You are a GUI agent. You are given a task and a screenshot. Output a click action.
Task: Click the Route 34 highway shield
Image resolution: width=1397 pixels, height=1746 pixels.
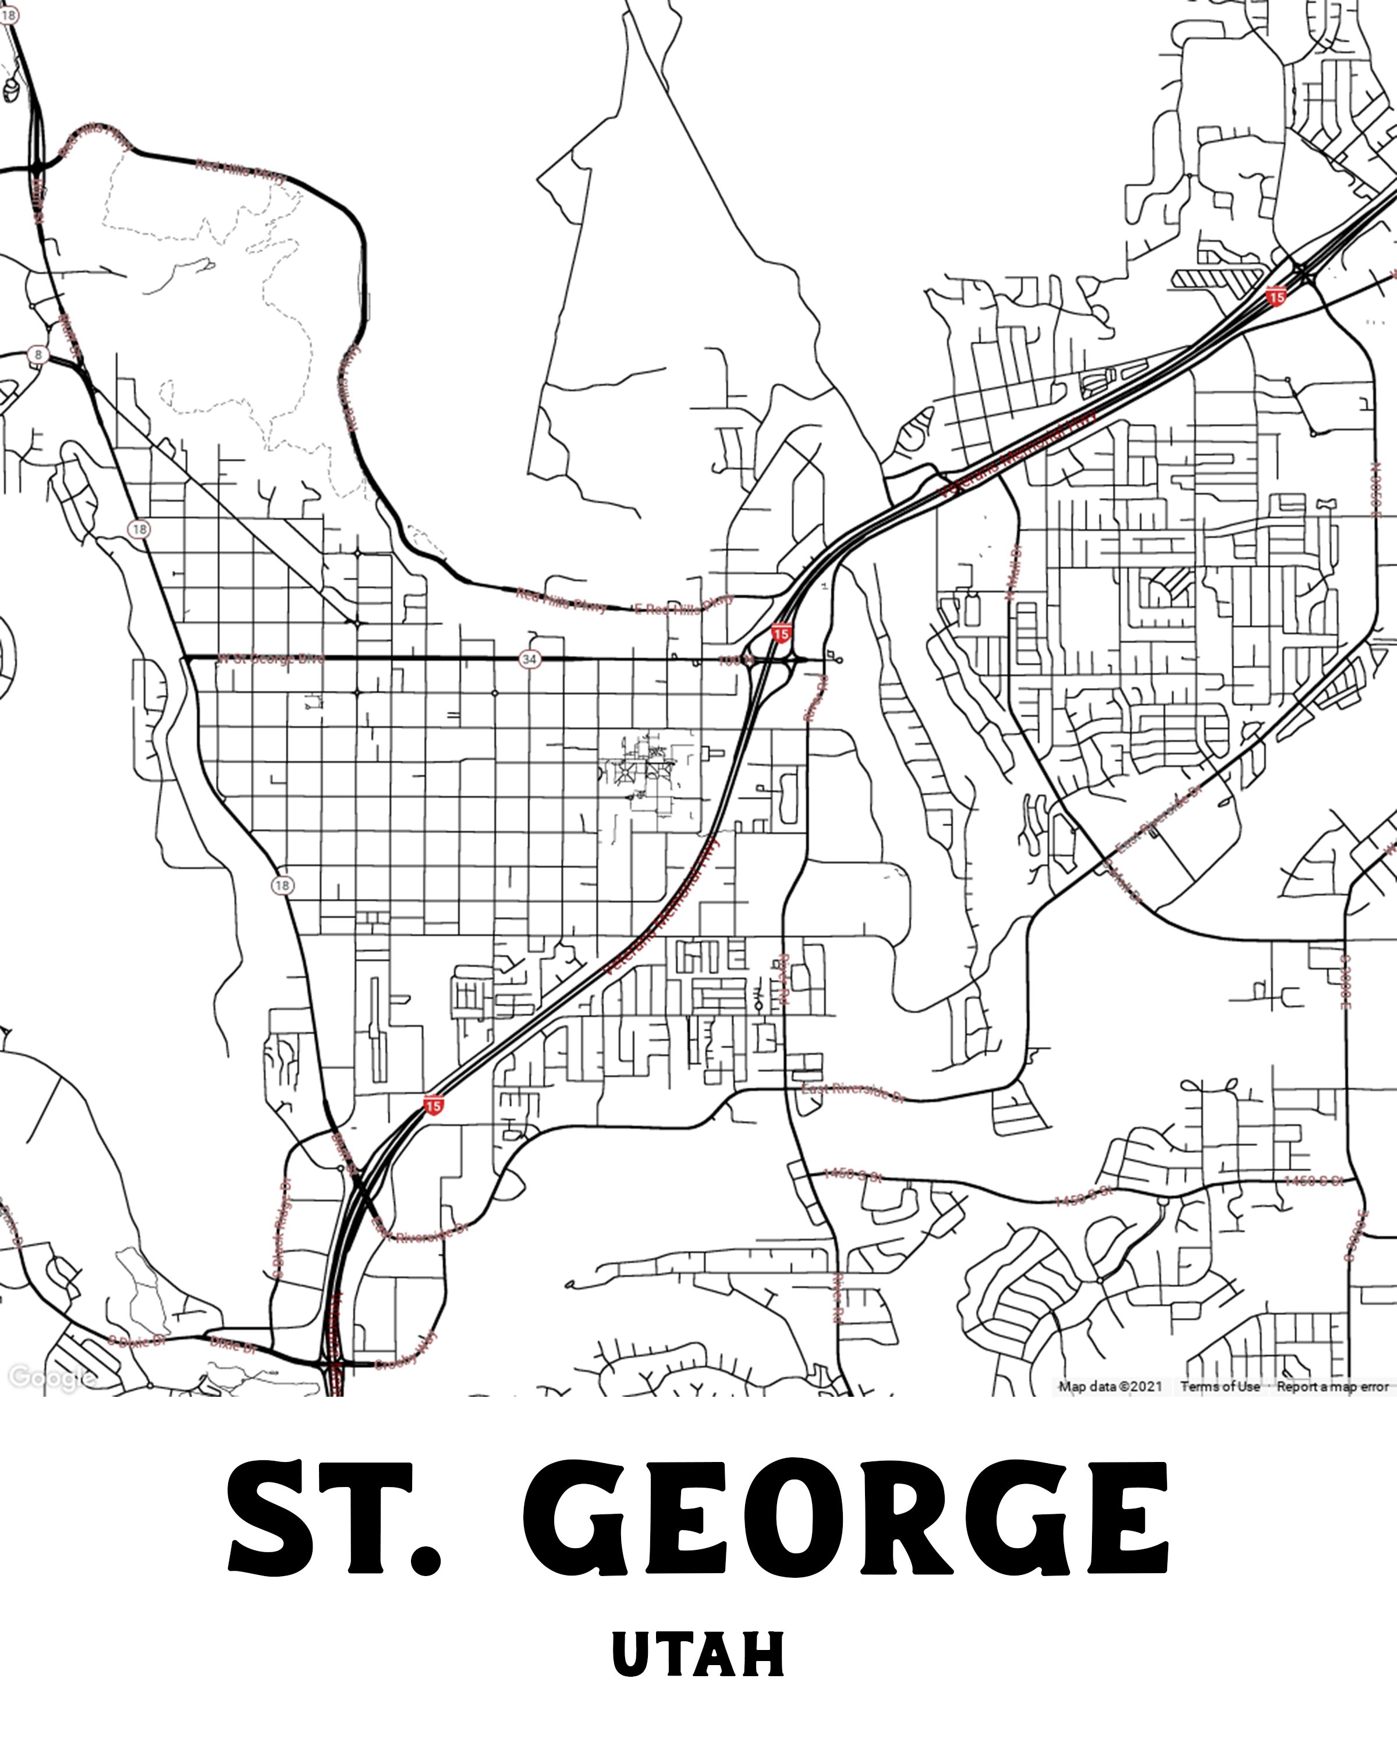coord(529,659)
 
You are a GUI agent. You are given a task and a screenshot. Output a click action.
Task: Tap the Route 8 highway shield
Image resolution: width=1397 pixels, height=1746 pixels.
coord(37,354)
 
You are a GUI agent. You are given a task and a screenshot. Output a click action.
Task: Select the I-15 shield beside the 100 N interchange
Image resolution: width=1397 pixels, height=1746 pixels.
coord(781,633)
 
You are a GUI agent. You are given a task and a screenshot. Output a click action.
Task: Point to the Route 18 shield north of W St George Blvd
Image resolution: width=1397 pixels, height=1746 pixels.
coord(139,530)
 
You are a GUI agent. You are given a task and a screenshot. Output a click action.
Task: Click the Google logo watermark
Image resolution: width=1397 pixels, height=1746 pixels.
coord(47,1376)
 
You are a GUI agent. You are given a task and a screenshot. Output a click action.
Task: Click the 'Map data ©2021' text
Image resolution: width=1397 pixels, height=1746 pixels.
coord(1109,1386)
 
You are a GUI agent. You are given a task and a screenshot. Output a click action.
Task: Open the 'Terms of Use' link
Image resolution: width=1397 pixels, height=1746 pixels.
coord(1219,1386)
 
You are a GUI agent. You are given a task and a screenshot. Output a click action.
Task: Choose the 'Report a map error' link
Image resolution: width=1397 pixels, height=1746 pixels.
coord(1332,1386)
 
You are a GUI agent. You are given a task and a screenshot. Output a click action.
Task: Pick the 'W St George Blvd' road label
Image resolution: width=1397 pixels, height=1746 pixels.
coord(269,658)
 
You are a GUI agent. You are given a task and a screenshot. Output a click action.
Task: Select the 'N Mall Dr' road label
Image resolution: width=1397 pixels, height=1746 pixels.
coord(1013,572)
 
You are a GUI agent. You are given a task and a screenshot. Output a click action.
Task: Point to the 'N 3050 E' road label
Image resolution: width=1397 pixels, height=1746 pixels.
coord(1374,488)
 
